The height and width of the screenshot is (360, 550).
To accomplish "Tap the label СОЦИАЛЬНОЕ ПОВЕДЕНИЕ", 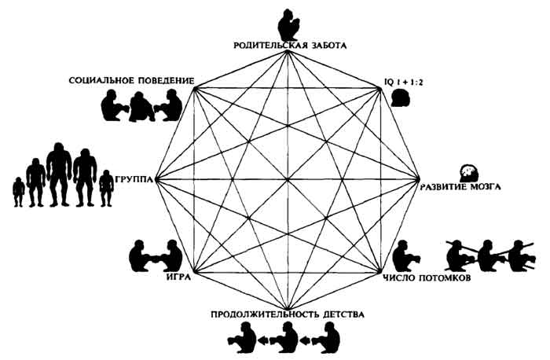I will pyautogui.click(x=131, y=80).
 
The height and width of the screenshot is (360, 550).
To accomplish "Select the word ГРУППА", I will pyautogui.click(x=135, y=178).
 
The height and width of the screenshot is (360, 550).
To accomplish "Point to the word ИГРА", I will pyautogui.click(x=178, y=277).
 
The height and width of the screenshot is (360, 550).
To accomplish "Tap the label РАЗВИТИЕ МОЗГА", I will pyautogui.click(x=464, y=186).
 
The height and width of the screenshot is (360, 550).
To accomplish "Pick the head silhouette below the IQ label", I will pyautogui.click(x=401, y=97).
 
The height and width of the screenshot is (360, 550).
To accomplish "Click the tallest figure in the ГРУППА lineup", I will pyautogui.click(x=59, y=174).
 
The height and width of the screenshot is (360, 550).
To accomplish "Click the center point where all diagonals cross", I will pyautogui.click(x=288, y=180).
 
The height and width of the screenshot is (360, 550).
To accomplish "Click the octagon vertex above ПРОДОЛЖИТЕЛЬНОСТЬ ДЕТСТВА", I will pyautogui.click(x=288, y=307).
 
